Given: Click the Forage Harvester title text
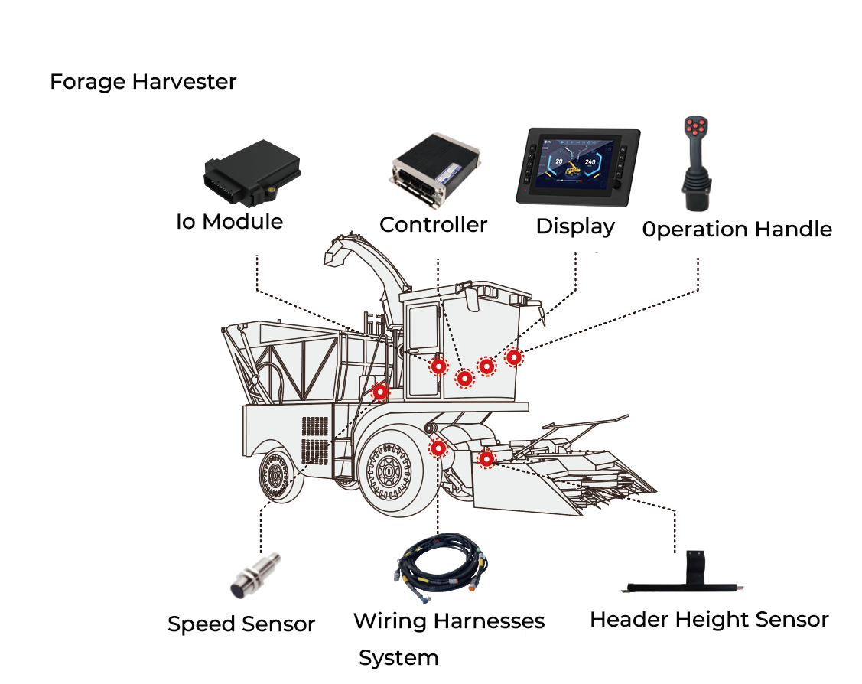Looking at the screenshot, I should (x=143, y=82).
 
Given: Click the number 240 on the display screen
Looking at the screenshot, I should (x=590, y=162).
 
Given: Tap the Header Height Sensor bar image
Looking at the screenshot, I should (x=685, y=582).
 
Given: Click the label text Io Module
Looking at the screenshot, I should (x=229, y=222).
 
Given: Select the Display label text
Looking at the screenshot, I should (x=575, y=226).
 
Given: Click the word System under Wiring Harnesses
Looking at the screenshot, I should (x=398, y=658).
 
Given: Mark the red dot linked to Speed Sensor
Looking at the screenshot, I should (x=380, y=392).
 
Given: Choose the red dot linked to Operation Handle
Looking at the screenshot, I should (x=514, y=357).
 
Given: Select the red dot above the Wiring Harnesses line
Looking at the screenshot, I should (x=438, y=448).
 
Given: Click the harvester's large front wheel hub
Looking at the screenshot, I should (x=389, y=472).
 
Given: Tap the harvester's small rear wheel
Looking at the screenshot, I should (x=275, y=477).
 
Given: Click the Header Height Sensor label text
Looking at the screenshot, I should (x=709, y=619).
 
